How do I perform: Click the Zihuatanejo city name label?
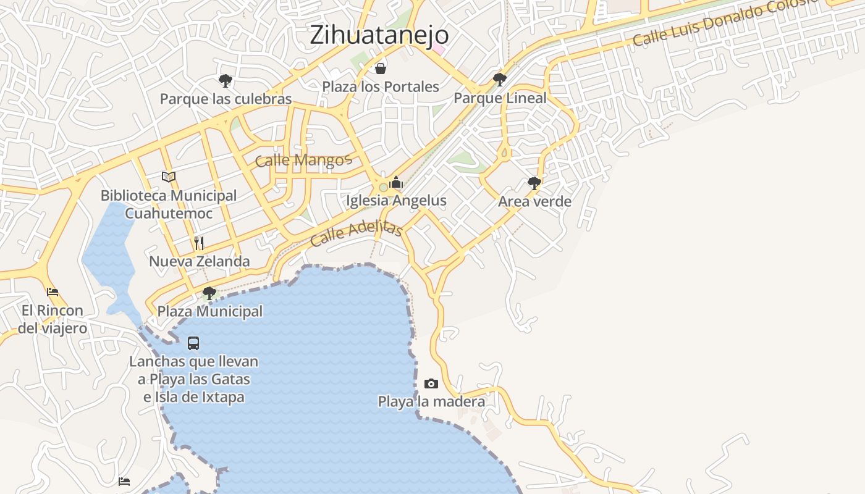[379, 35]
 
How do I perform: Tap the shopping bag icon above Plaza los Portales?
[381, 68]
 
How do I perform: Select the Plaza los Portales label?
[381, 86]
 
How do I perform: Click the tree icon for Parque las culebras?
[226, 80]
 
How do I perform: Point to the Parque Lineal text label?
[500, 98]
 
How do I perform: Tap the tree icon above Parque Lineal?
[500, 79]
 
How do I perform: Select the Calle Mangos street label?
[303, 161]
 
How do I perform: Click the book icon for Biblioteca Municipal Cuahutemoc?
[169, 177]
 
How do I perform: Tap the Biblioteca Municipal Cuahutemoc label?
[169, 204]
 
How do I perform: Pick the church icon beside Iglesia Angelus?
[396, 183]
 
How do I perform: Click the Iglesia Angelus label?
[396, 201]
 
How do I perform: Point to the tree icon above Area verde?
[534, 183]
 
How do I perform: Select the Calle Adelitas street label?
[357, 233]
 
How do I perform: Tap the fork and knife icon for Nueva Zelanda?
[199, 243]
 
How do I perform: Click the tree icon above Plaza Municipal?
[209, 293]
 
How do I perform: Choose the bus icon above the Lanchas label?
[193, 343]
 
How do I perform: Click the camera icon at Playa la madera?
[431, 384]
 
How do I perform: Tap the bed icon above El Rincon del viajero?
[53, 291]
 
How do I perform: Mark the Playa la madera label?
[431, 402]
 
